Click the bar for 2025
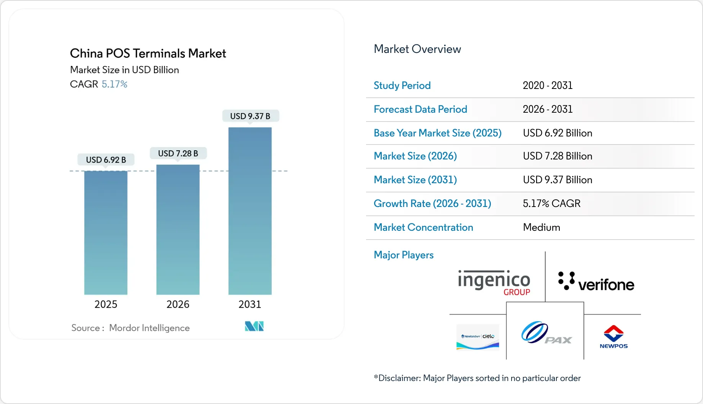(106, 233)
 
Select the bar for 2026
(178, 230)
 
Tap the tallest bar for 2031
(250, 211)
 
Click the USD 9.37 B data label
(250, 116)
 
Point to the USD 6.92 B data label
(106, 160)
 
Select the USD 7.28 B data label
(178, 153)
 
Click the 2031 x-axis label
(250, 304)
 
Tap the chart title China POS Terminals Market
(148, 53)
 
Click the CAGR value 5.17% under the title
(114, 84)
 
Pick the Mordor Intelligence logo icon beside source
(254, 326)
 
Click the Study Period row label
(402, 85)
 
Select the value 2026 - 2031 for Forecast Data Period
(548, 109)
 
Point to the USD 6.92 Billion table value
(557, 133)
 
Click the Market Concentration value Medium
(541, 227)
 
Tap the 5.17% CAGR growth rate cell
(551, 204)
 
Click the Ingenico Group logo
(494, 283)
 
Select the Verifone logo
(596, 282)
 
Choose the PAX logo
(546, 333)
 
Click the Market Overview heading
(417, 49)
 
